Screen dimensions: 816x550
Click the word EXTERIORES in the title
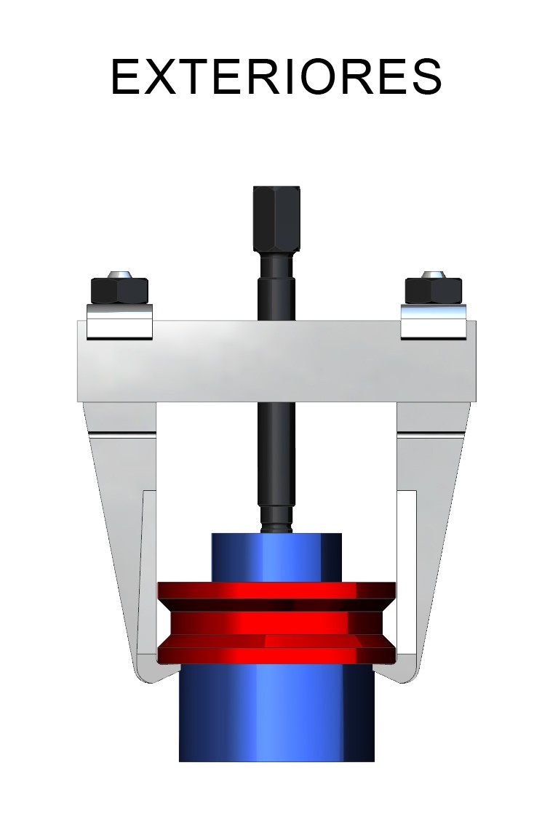pos(276,76)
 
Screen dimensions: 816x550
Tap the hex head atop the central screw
pos(276,218)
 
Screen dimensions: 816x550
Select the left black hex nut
pos(119,291)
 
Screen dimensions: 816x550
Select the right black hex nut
pos(433,291)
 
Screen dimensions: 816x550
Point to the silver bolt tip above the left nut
pos(119,275)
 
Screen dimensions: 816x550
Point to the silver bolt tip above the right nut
pos(433,275)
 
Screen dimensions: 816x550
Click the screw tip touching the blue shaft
pos(276,526)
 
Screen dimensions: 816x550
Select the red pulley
pos(276,623)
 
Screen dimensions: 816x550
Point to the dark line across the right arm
pos(431,435)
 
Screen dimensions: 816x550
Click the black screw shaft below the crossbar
pos(276,458)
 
